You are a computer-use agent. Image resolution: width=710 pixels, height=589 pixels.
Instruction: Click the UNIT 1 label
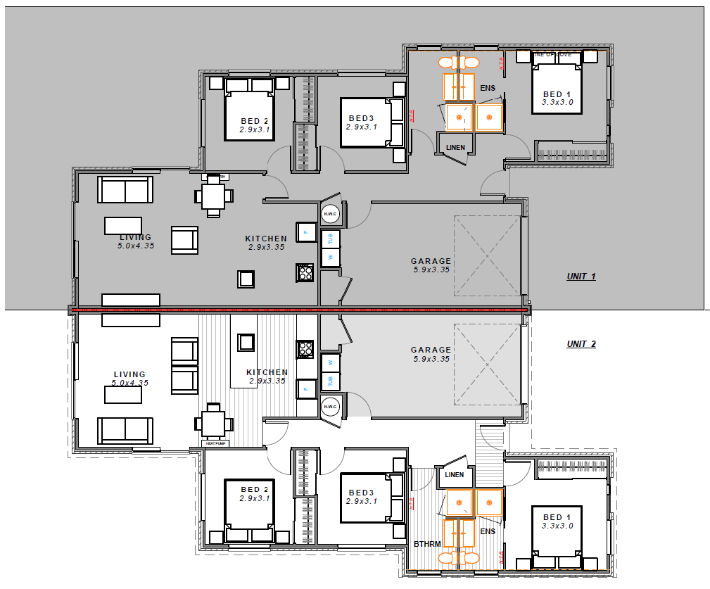(581, 277)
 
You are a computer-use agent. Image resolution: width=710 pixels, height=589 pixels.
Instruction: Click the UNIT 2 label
(581, 344)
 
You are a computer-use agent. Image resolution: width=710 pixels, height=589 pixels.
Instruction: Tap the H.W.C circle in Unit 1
(329, 214)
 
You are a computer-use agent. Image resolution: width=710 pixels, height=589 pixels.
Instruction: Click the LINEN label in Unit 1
(455, 148)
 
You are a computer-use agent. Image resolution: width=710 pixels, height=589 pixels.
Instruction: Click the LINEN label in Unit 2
(455, 475)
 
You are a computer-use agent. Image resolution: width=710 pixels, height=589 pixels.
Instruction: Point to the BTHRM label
(427, 544)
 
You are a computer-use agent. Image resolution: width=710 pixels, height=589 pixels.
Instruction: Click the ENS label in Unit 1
(488, 89)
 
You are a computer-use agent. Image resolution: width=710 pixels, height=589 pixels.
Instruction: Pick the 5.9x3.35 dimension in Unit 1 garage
(431, 270)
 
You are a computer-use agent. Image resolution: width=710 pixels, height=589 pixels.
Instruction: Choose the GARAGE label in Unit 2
(431, 350)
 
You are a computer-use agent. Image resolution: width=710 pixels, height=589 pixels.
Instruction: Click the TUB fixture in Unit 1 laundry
(329, 239)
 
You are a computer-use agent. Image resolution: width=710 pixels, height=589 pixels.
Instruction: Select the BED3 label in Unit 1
(361, 118)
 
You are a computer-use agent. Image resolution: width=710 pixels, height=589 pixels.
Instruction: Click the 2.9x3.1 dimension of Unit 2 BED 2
(254, 498)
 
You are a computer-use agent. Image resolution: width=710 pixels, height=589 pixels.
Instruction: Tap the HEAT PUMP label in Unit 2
(215, 443)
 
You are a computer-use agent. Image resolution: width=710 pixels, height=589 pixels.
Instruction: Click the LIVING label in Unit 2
(129, 374)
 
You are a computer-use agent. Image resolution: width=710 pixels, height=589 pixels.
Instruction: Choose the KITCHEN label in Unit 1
(265, 239)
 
